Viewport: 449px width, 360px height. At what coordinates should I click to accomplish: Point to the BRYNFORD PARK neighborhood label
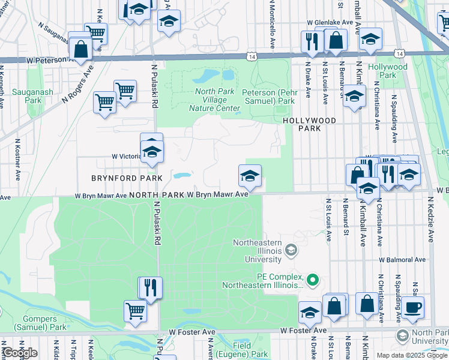127,178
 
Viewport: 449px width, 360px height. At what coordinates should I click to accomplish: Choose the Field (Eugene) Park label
251,350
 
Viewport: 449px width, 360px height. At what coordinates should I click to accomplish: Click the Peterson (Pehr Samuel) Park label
268,97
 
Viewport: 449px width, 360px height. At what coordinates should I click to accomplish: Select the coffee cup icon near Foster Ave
412,307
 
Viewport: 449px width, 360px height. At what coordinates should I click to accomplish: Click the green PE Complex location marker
312,280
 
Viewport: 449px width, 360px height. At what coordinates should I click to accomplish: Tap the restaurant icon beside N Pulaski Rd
150,287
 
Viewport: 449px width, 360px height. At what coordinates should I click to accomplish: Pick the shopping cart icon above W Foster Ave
135,311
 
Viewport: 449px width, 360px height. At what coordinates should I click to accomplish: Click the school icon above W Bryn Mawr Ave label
250,176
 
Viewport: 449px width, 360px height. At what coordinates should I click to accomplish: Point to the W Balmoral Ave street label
402,260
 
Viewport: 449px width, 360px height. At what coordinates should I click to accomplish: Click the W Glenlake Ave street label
330,22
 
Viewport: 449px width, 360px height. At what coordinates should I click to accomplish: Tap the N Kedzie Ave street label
430,223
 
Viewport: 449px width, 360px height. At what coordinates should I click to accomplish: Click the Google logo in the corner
20,353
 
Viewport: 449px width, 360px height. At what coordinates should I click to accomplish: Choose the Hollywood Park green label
388,71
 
